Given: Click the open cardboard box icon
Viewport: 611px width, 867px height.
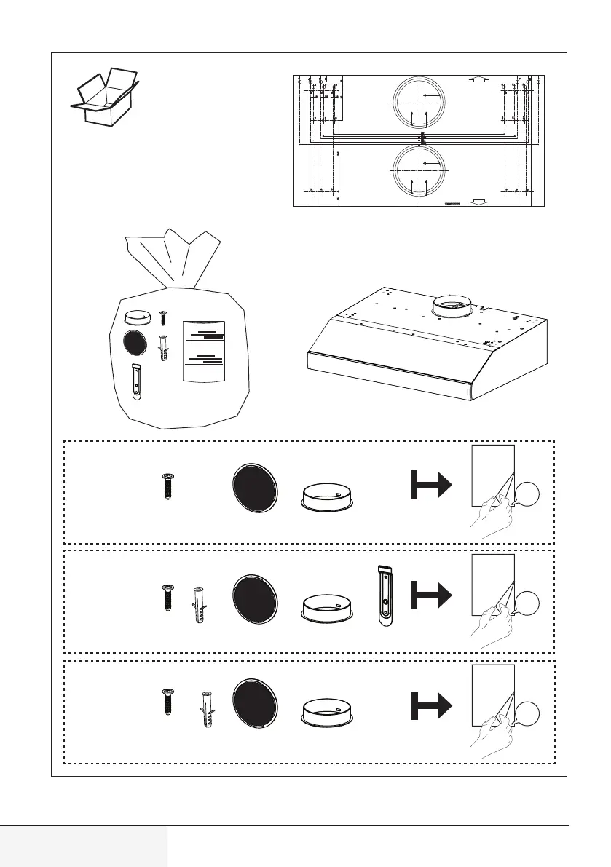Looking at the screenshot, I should [x=104, y=97].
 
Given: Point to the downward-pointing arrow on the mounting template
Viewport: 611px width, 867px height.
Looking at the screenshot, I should [x=477, y=202].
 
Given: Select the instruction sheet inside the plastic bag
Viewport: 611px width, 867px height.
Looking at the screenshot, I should [x=205, y=352].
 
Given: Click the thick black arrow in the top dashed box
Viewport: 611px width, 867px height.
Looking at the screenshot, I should [x=429, y=485].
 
